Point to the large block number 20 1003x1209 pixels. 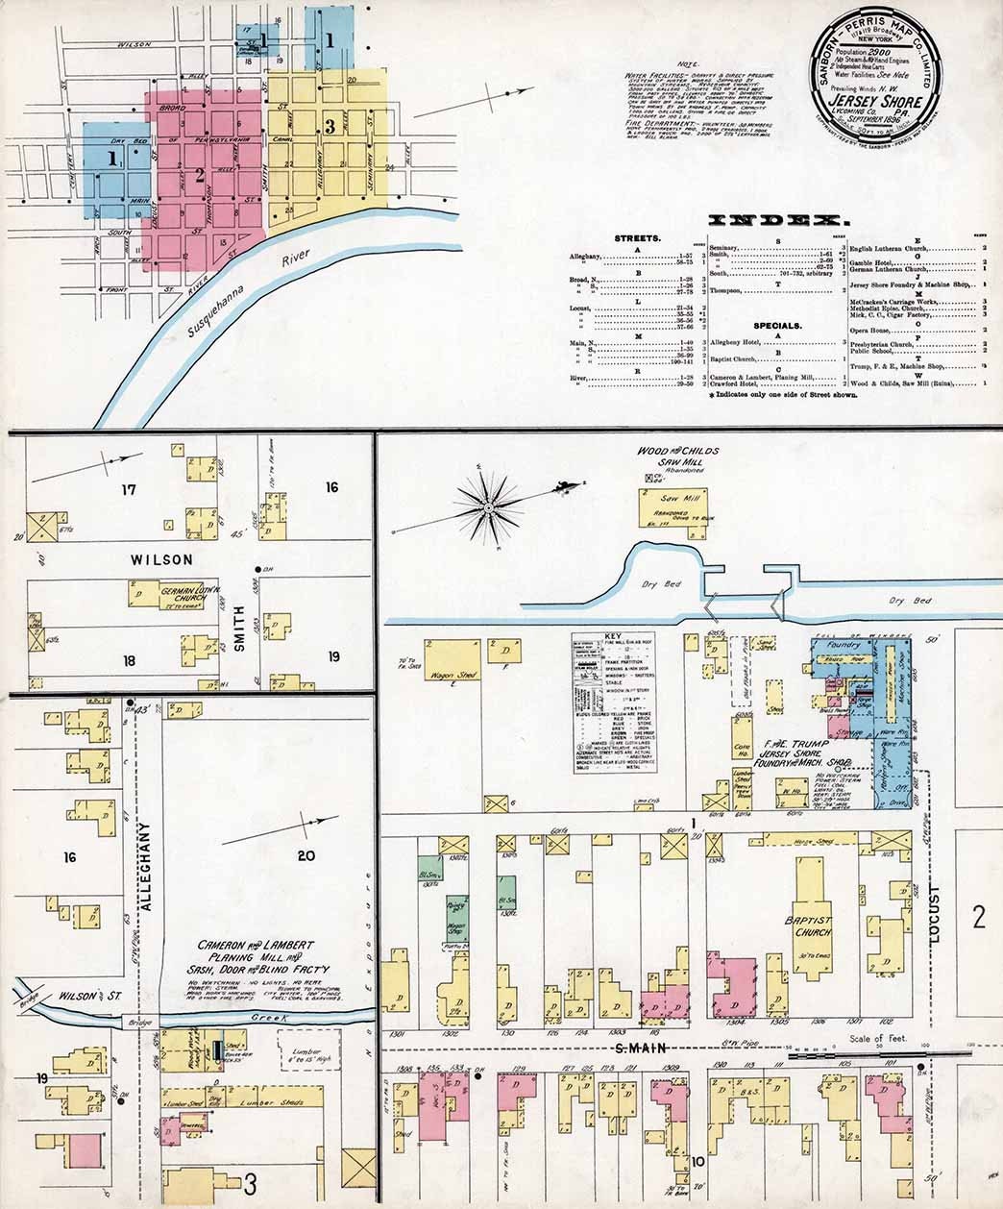tap(306, 856)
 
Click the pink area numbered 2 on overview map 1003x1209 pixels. tap(200, 175)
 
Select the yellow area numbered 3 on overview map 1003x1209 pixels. tap(330, 126)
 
